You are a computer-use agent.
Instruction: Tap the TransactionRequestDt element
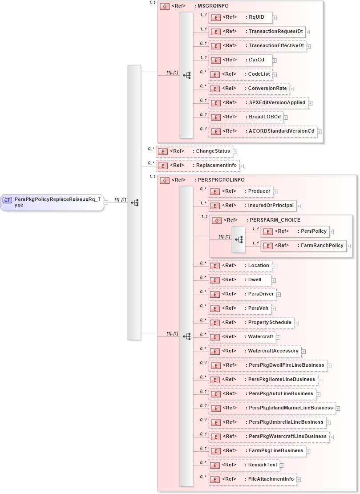pos(257,32)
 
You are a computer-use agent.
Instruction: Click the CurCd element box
pos(240,60)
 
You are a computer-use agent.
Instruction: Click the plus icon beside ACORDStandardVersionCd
pos(319,131)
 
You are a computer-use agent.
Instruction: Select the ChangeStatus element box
pos(194,151)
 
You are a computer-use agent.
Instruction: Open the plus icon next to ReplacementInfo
pos(242,166)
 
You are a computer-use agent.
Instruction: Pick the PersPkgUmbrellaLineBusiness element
pos(267,422)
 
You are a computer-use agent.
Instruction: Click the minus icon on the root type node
pos(106,202)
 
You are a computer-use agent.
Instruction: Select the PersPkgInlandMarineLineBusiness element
pos(271,408)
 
